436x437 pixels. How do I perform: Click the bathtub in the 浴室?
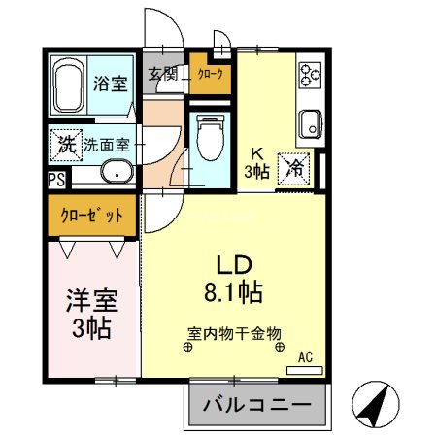[x=69, y=86]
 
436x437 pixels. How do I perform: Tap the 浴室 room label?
[x=110, y=84]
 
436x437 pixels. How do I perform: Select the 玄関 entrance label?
[x=161, y=74]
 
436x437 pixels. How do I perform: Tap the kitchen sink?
[x=310, y=123]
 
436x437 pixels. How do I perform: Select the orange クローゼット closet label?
[x=92, y=216]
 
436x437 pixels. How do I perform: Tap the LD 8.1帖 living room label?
[x=234, y=276]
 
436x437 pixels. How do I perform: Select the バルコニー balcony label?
[x=257, y=406]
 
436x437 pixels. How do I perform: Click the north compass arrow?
[x=375, y=399]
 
